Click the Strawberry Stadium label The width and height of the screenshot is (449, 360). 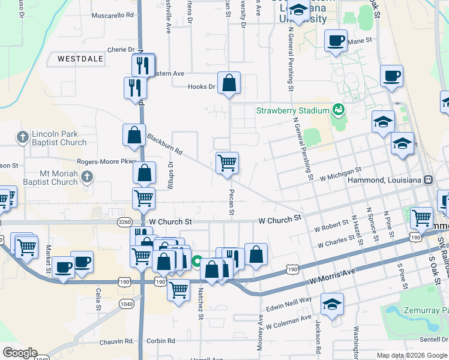[x=292, y=110]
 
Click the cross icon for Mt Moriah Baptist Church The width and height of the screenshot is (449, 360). [x=88, y=176]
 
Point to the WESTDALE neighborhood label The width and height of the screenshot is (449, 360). [x=81, y=59]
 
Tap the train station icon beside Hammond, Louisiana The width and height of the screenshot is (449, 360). [x=429, y=179]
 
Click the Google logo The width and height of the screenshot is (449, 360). [x=20, y=353]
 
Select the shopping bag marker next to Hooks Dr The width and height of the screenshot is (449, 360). [x=229, y=83]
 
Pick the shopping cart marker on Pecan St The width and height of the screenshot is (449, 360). [x=227, y=163]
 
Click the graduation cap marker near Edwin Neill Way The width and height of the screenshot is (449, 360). [x=332, y=304]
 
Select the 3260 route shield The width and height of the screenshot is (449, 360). [x=125, y=221]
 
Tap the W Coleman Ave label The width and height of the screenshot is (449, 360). [x=289, y=322]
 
